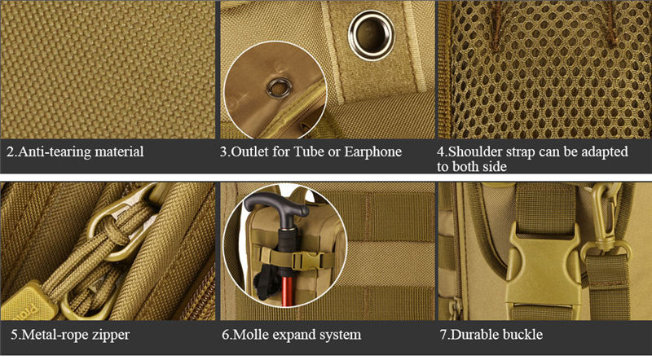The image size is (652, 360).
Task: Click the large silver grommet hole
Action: coord(371,35)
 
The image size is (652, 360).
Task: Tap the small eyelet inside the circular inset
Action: coord(279,88)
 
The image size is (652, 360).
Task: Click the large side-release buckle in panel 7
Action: coord(544,267)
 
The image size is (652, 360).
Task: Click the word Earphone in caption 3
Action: coord(372,151)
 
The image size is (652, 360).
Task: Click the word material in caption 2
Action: coord(119,151)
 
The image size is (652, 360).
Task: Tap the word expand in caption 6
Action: coord(293,336)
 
